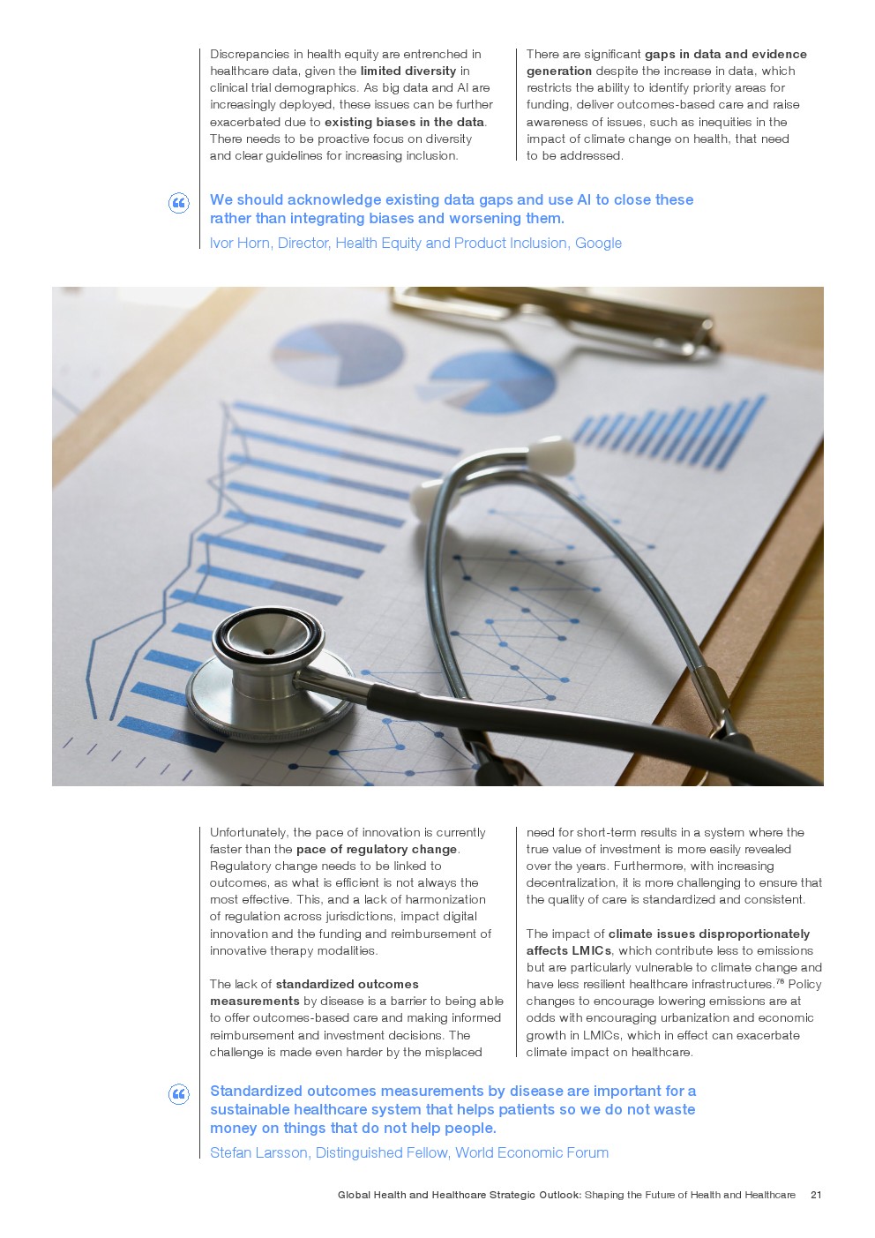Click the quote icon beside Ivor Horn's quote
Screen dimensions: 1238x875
[x=178, y=204]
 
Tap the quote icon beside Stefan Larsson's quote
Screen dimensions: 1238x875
[x=178, y=1095]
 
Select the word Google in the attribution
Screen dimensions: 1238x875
[x=598, y=244]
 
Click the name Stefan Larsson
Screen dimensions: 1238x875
[x=258, y=1153]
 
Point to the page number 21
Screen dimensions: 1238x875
[x=816, y=1195]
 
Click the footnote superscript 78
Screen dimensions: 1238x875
[x=780, y=981]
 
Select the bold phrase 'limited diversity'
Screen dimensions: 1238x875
[x=408, y=71]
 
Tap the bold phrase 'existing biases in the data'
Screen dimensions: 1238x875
[x=405, y=122]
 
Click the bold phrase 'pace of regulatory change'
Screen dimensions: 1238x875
[x=377, y=849]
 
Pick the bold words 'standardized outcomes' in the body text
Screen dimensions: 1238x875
[x=347, y=984]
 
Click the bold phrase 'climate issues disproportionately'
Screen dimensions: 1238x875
[x=708, y=934]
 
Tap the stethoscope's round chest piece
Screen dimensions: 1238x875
[x=269, y=651]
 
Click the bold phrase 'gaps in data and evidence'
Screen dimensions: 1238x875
[x=725, y=55]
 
